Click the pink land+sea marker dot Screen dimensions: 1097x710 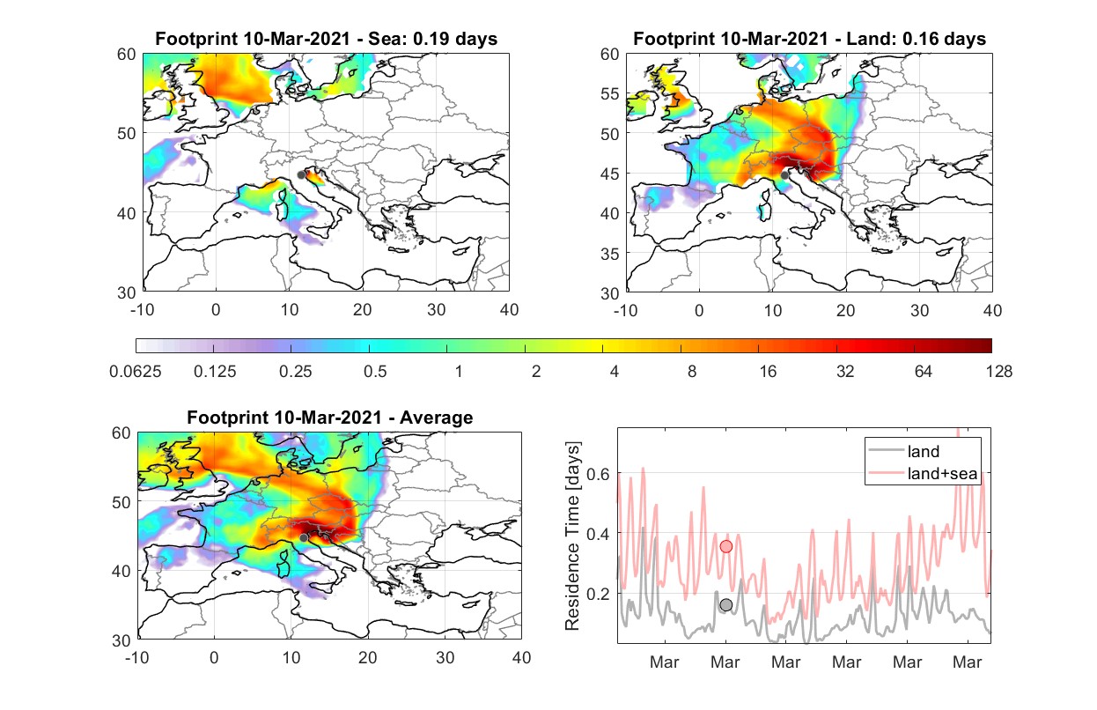click(725, 546)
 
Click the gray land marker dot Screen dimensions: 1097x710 click(725, 605)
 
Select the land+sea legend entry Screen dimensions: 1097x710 click(923, 473)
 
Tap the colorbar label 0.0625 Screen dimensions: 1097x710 click(136, 372)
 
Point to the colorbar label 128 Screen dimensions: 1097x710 click(998, 372)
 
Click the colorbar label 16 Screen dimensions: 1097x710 click(768, 372)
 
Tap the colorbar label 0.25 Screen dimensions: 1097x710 click(295, 372)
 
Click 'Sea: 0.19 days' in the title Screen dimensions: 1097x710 click(433, 39)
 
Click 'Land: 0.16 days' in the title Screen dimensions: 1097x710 click(916, 39)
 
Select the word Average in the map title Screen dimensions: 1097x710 click(437, 418)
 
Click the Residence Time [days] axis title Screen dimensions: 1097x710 click(572, 536)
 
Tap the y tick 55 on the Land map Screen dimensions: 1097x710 click(609, 93)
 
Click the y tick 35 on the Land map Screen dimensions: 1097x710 click(609, 254)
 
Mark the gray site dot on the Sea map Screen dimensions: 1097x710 click(301, 175)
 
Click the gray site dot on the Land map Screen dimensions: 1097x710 click(784, 175)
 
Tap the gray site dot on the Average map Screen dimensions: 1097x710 click(304, 538)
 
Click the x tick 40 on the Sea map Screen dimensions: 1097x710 click(509, 310)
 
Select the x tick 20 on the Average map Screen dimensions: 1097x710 click(367, 657)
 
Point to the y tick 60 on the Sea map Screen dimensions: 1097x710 click(126, 54)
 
